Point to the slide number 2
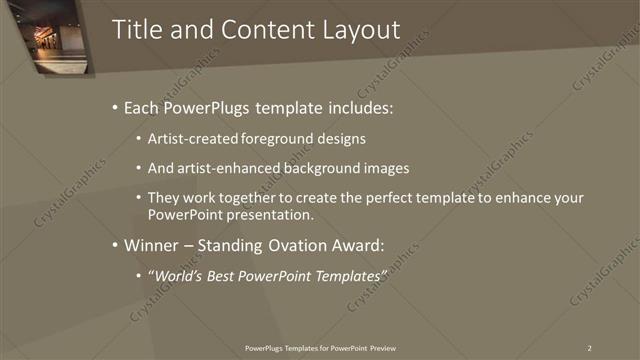coord(589,348)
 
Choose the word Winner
coord(150,244)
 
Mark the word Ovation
coord(302,244)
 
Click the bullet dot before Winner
coord(115,245)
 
